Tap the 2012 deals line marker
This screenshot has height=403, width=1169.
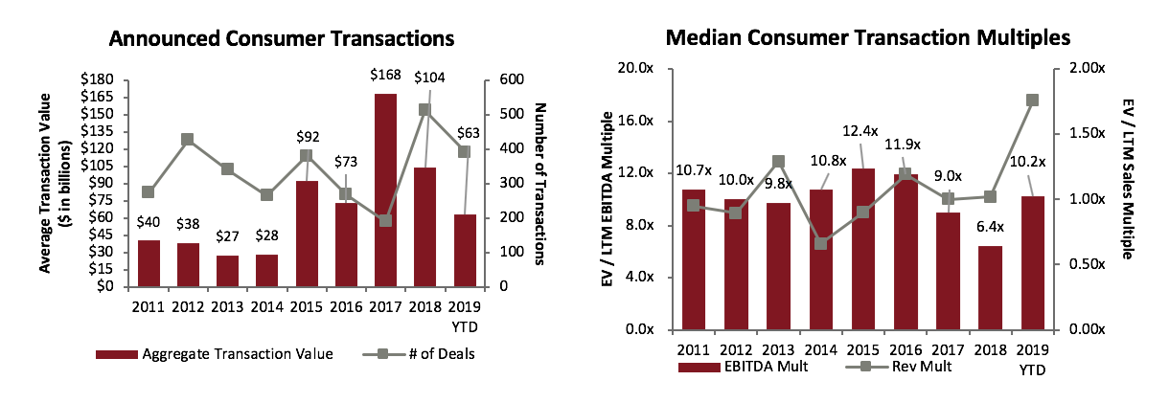[x=187, y=139]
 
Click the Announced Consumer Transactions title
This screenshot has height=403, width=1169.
[x=281, y=39]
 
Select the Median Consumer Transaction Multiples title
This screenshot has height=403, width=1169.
[x=867, y=39]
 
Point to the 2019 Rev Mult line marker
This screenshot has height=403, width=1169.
[x=1032, y=100]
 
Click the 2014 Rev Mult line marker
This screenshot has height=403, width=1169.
[x=821, y=243]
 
